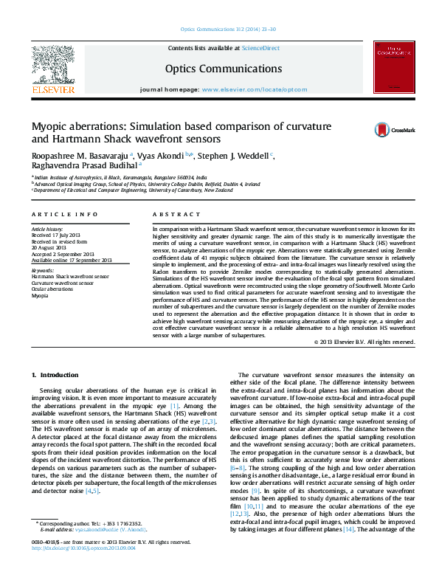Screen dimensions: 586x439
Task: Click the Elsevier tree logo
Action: [52, 65]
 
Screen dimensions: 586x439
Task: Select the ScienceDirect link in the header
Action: [261, 47]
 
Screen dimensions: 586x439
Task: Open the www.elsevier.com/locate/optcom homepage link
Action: [254, 89]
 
